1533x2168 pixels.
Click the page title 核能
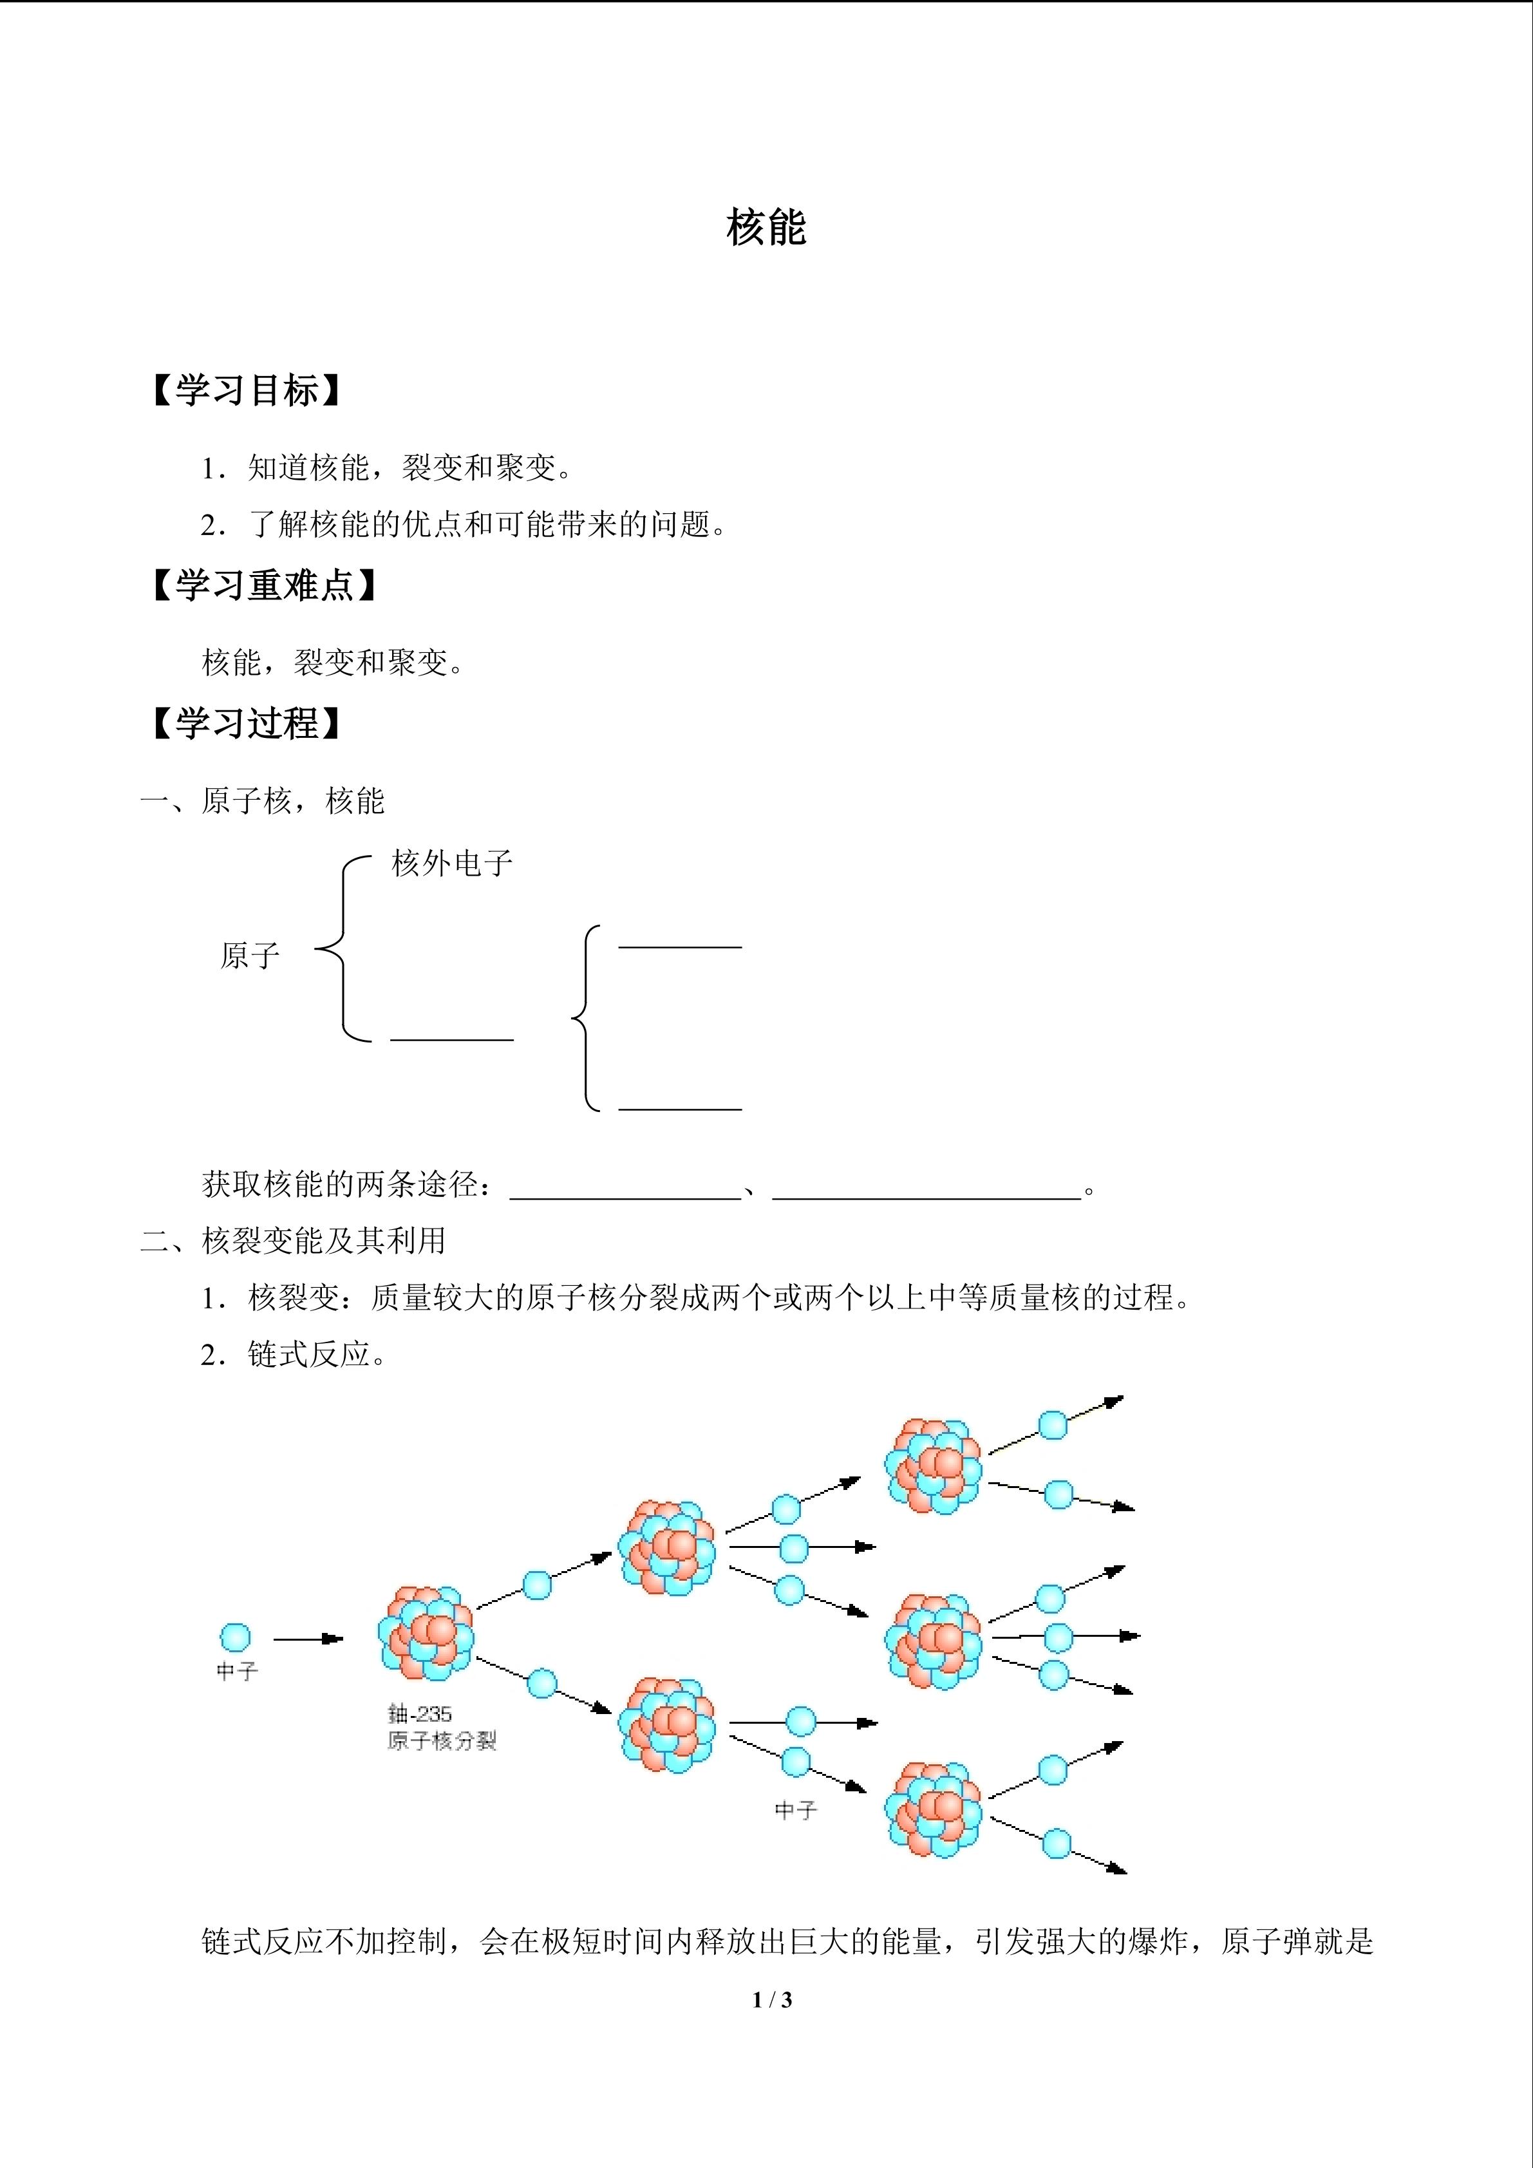[766, 227]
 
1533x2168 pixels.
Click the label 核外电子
[452, 862]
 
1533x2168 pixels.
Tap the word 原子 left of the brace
[250, 956]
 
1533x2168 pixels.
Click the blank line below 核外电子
[452, 1040]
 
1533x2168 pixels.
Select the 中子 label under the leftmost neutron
[237, 1672]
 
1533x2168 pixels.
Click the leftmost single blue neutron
[236, 1637]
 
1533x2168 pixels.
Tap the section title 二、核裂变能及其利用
[294, 1241]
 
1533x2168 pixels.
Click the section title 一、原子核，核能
[263, 801]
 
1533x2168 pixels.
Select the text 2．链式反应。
[294, 1355]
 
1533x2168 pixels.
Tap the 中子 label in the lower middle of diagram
[796, 1810]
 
